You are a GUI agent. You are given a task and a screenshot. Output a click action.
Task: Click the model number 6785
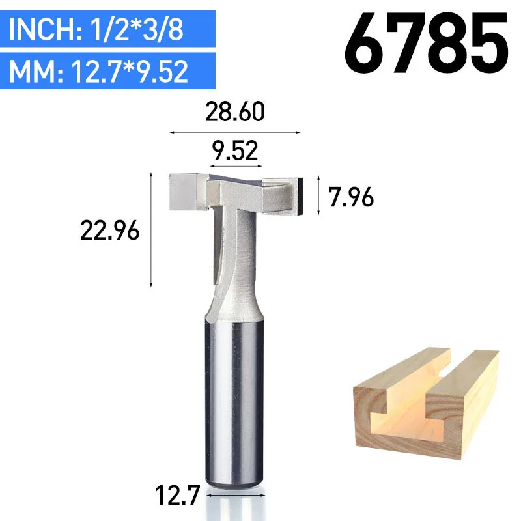427,43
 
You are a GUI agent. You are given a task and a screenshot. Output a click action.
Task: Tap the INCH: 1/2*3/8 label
96,29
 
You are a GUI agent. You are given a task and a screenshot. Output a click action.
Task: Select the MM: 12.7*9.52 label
99,71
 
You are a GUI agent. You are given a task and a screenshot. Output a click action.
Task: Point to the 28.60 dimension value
235,112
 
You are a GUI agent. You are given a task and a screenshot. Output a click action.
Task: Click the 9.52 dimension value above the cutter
235,151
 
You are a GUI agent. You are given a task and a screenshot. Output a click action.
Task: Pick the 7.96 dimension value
351,197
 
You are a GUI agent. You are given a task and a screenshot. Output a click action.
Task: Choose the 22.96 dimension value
109,231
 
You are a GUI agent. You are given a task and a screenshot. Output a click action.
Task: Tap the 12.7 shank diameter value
177,495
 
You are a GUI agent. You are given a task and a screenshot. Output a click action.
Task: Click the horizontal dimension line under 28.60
235,132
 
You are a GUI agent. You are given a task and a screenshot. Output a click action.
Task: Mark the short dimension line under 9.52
236,166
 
